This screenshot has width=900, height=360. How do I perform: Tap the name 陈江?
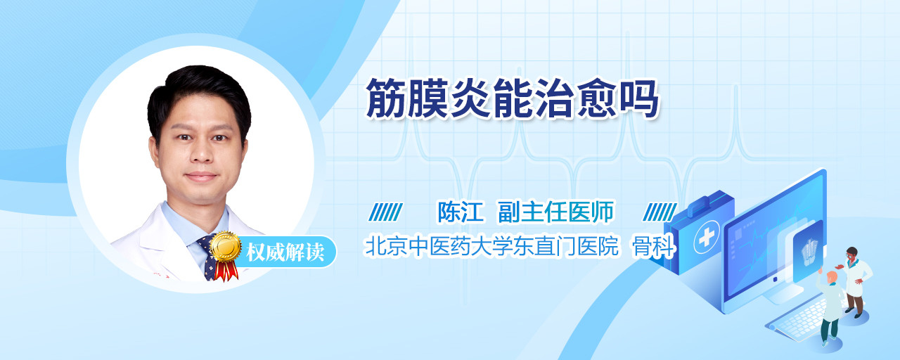click(x=461, y=212)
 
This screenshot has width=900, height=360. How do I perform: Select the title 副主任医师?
click(x=555, y=212)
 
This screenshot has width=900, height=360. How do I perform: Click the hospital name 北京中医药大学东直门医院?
click(x=491, y=246)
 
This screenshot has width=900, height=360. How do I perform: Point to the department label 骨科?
click(x=654, y=246)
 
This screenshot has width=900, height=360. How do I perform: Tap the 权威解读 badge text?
click(x=285, y=252)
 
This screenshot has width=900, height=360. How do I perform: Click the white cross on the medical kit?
click(x=706, y=237)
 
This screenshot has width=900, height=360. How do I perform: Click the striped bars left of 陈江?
click(x=385, y=212)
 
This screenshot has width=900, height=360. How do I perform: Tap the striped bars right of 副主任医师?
click(x=660, y=212)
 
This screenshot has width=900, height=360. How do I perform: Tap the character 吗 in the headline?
click(x=639, y=98)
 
